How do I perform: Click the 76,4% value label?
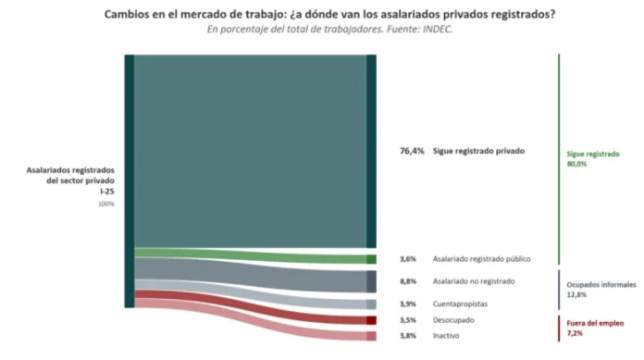pos(412,151)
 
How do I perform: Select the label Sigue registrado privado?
pos(478,151)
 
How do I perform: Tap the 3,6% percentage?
pos(408,259)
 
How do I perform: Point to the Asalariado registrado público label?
pos(481,259)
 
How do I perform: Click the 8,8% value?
pos(408,281)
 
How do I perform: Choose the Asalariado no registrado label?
pos(474,281)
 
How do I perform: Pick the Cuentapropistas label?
pos(460,304)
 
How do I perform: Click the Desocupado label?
pos(453,319)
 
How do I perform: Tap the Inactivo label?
pos(446,335)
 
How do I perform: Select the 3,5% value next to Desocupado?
pos(408,319)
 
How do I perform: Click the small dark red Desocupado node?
pos(371,320)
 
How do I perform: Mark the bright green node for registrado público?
pos(371,259)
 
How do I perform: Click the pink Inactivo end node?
pos(371,336)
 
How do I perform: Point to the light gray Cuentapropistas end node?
pos(371,304)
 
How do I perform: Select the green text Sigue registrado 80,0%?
pos(593,158)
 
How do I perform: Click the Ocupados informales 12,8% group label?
pos(601,290)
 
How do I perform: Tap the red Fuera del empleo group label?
pos(595,328)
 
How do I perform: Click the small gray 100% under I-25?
pos(106,204)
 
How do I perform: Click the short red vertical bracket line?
pos(559,329)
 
